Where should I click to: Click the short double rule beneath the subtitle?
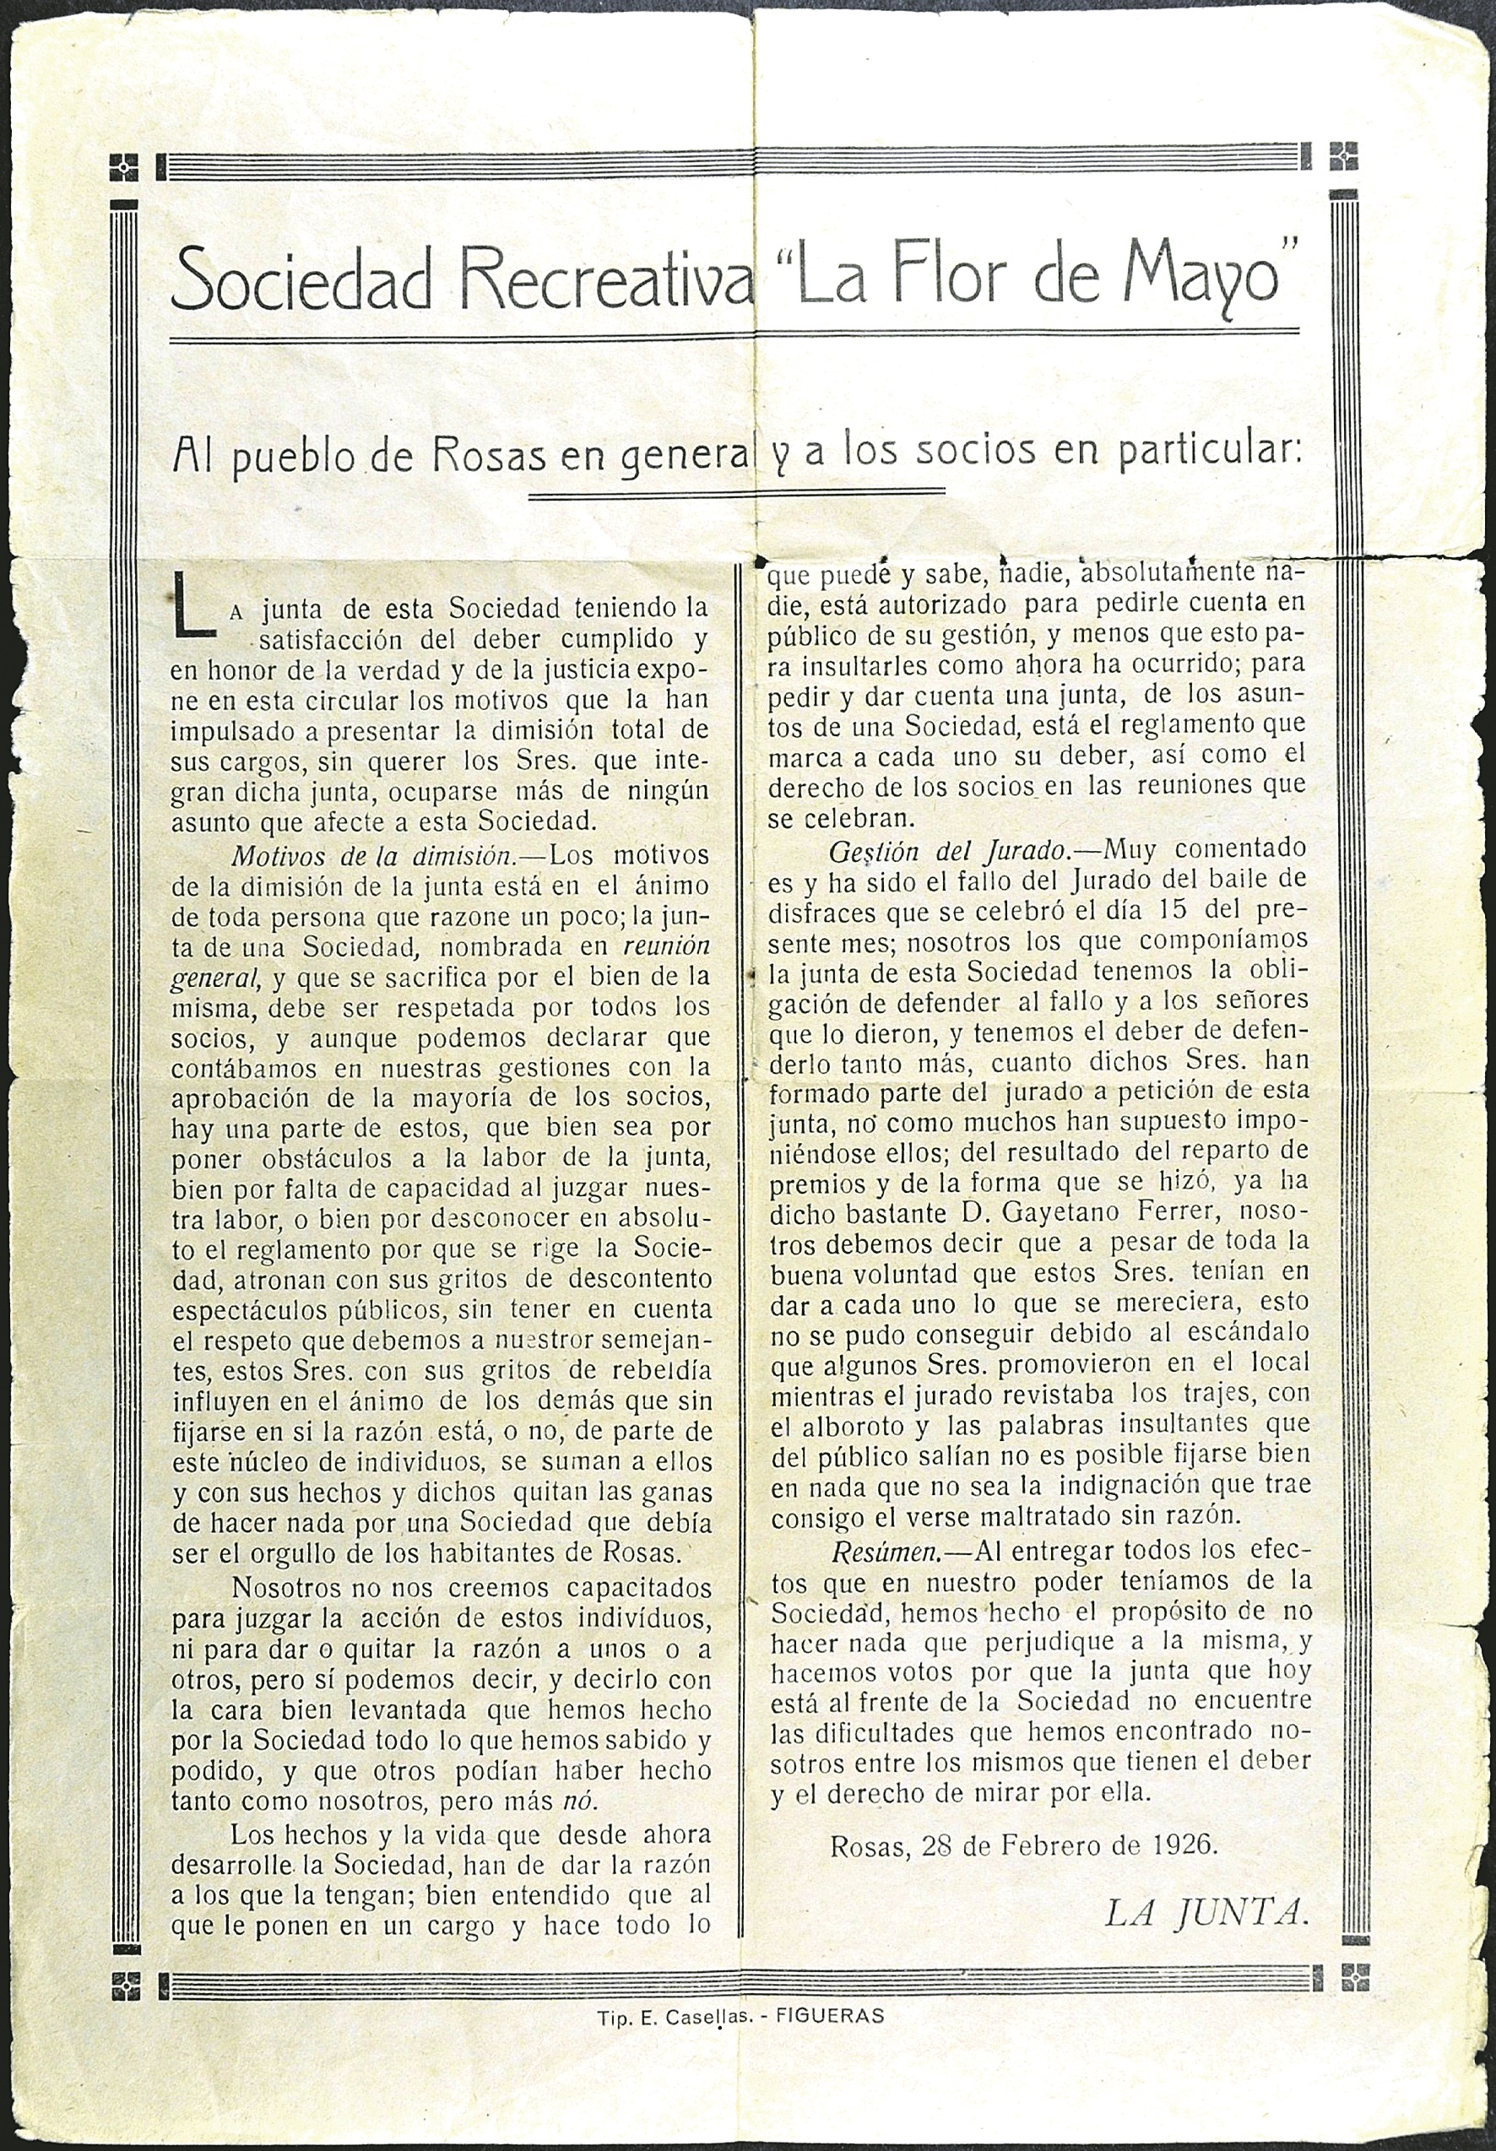pyautogui.click(x=735, y=491)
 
